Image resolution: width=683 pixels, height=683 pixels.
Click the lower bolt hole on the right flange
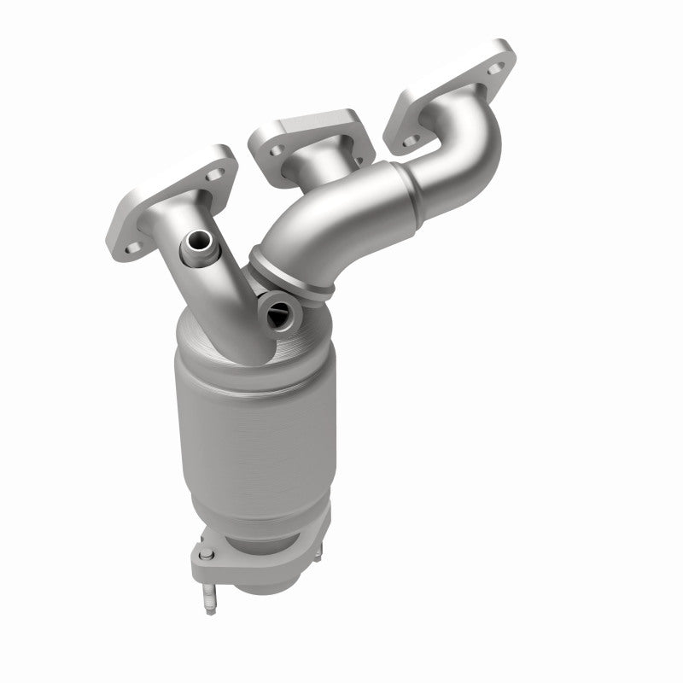(412, 139)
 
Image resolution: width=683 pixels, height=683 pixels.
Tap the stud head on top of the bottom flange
(206, 556)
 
